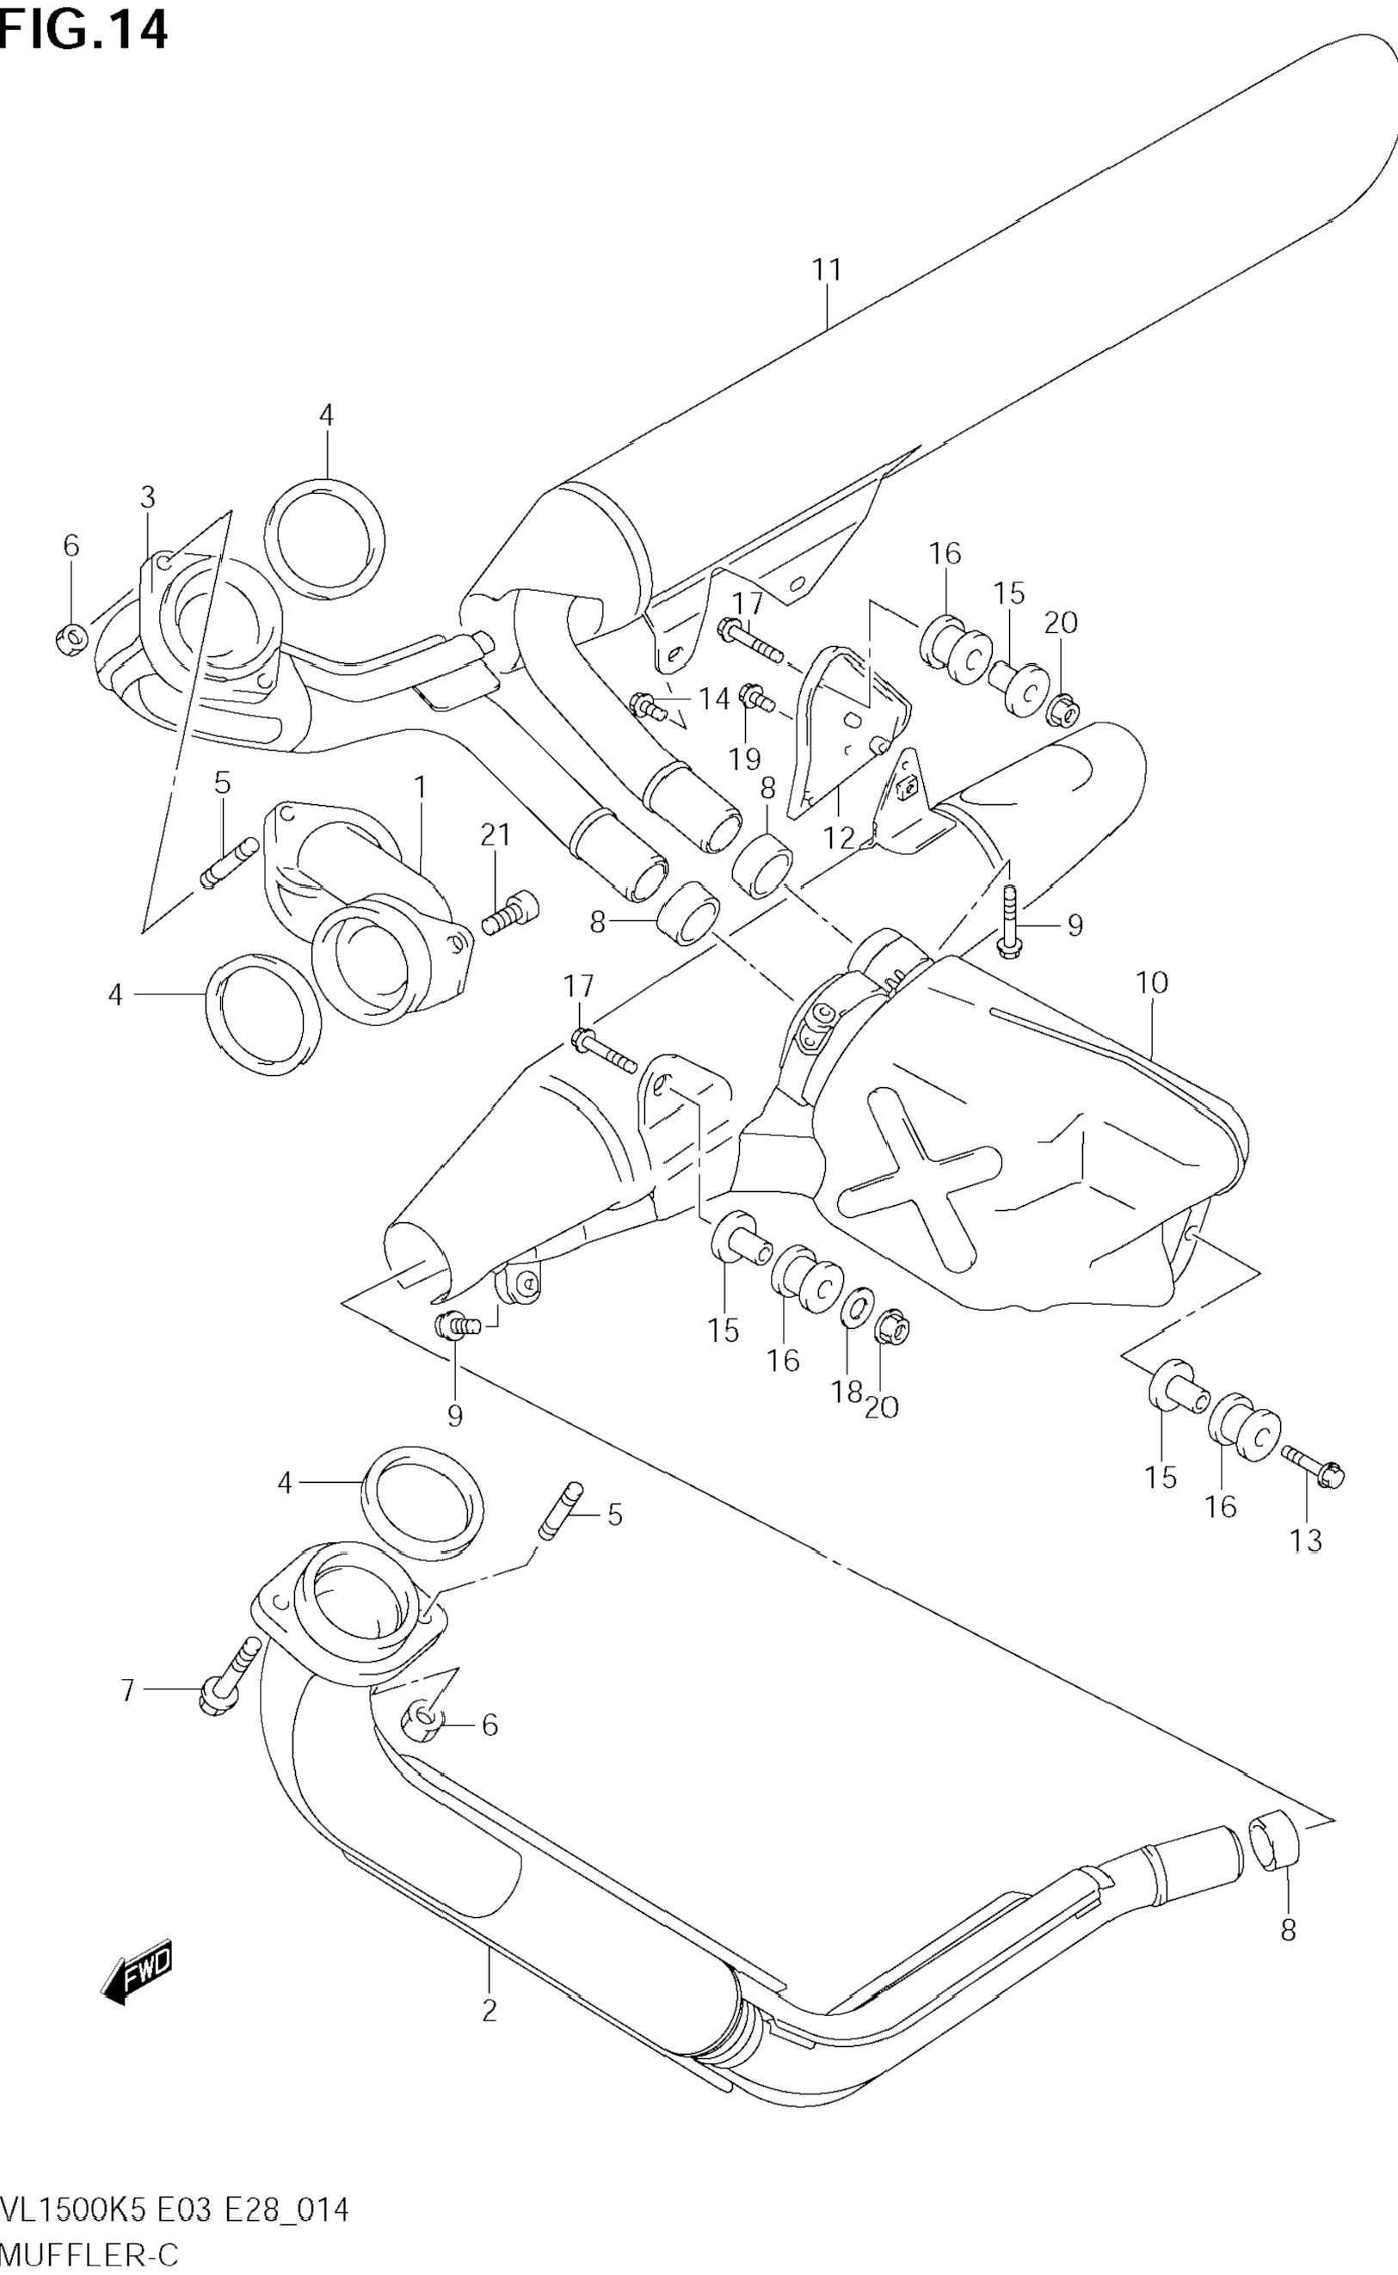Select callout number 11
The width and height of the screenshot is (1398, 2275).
pyautogui.click(x=827, y=270)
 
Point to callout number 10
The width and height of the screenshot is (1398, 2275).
pyautogui.click(x=1152, y=982)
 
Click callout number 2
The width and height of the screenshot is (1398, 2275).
pyautogui.click(x=490, y=2011)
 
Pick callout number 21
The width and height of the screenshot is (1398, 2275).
pyautogui.click(x=495, y=836)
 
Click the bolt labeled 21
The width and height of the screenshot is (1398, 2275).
pyautogui.click(x=510, y=913)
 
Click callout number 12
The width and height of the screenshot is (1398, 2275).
pyautogui.click(x=839, y=839)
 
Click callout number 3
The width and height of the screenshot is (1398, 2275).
pyautogui.click(x=148, y=497)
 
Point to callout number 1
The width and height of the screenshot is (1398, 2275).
pyautogui.click(x=421, y=788)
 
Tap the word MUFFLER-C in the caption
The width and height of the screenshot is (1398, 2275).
pyautogui.click(x=89, y=2253)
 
